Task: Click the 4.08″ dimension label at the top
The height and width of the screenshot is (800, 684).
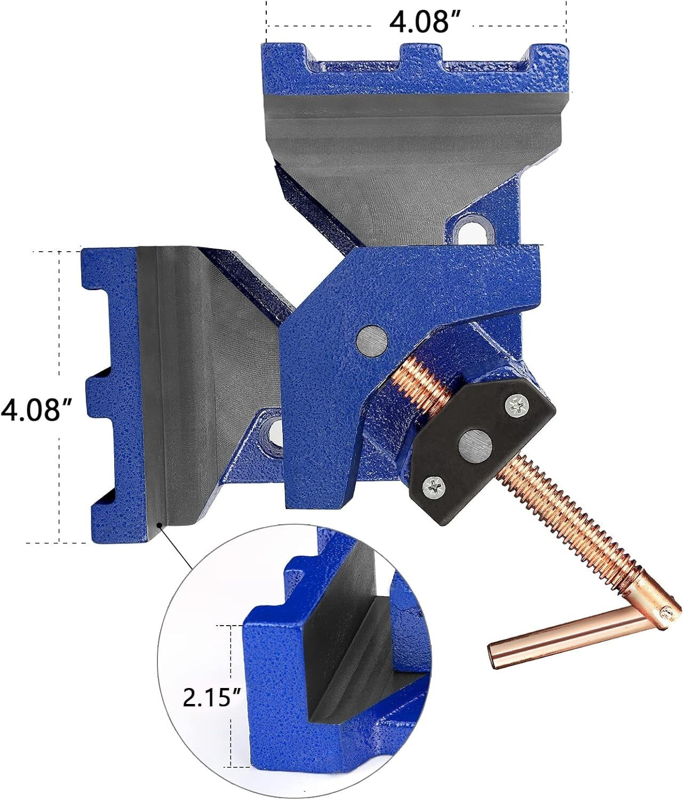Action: (x=424, y=23)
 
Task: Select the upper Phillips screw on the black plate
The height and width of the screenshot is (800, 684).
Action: (x=516, y=406)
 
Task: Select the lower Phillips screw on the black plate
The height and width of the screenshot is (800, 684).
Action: (x=433, y=486)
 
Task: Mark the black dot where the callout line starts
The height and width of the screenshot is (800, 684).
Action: (x=159, y=526)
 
